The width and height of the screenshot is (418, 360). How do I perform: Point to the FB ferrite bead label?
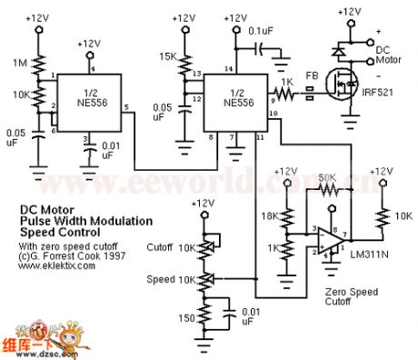tap(311, 75)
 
